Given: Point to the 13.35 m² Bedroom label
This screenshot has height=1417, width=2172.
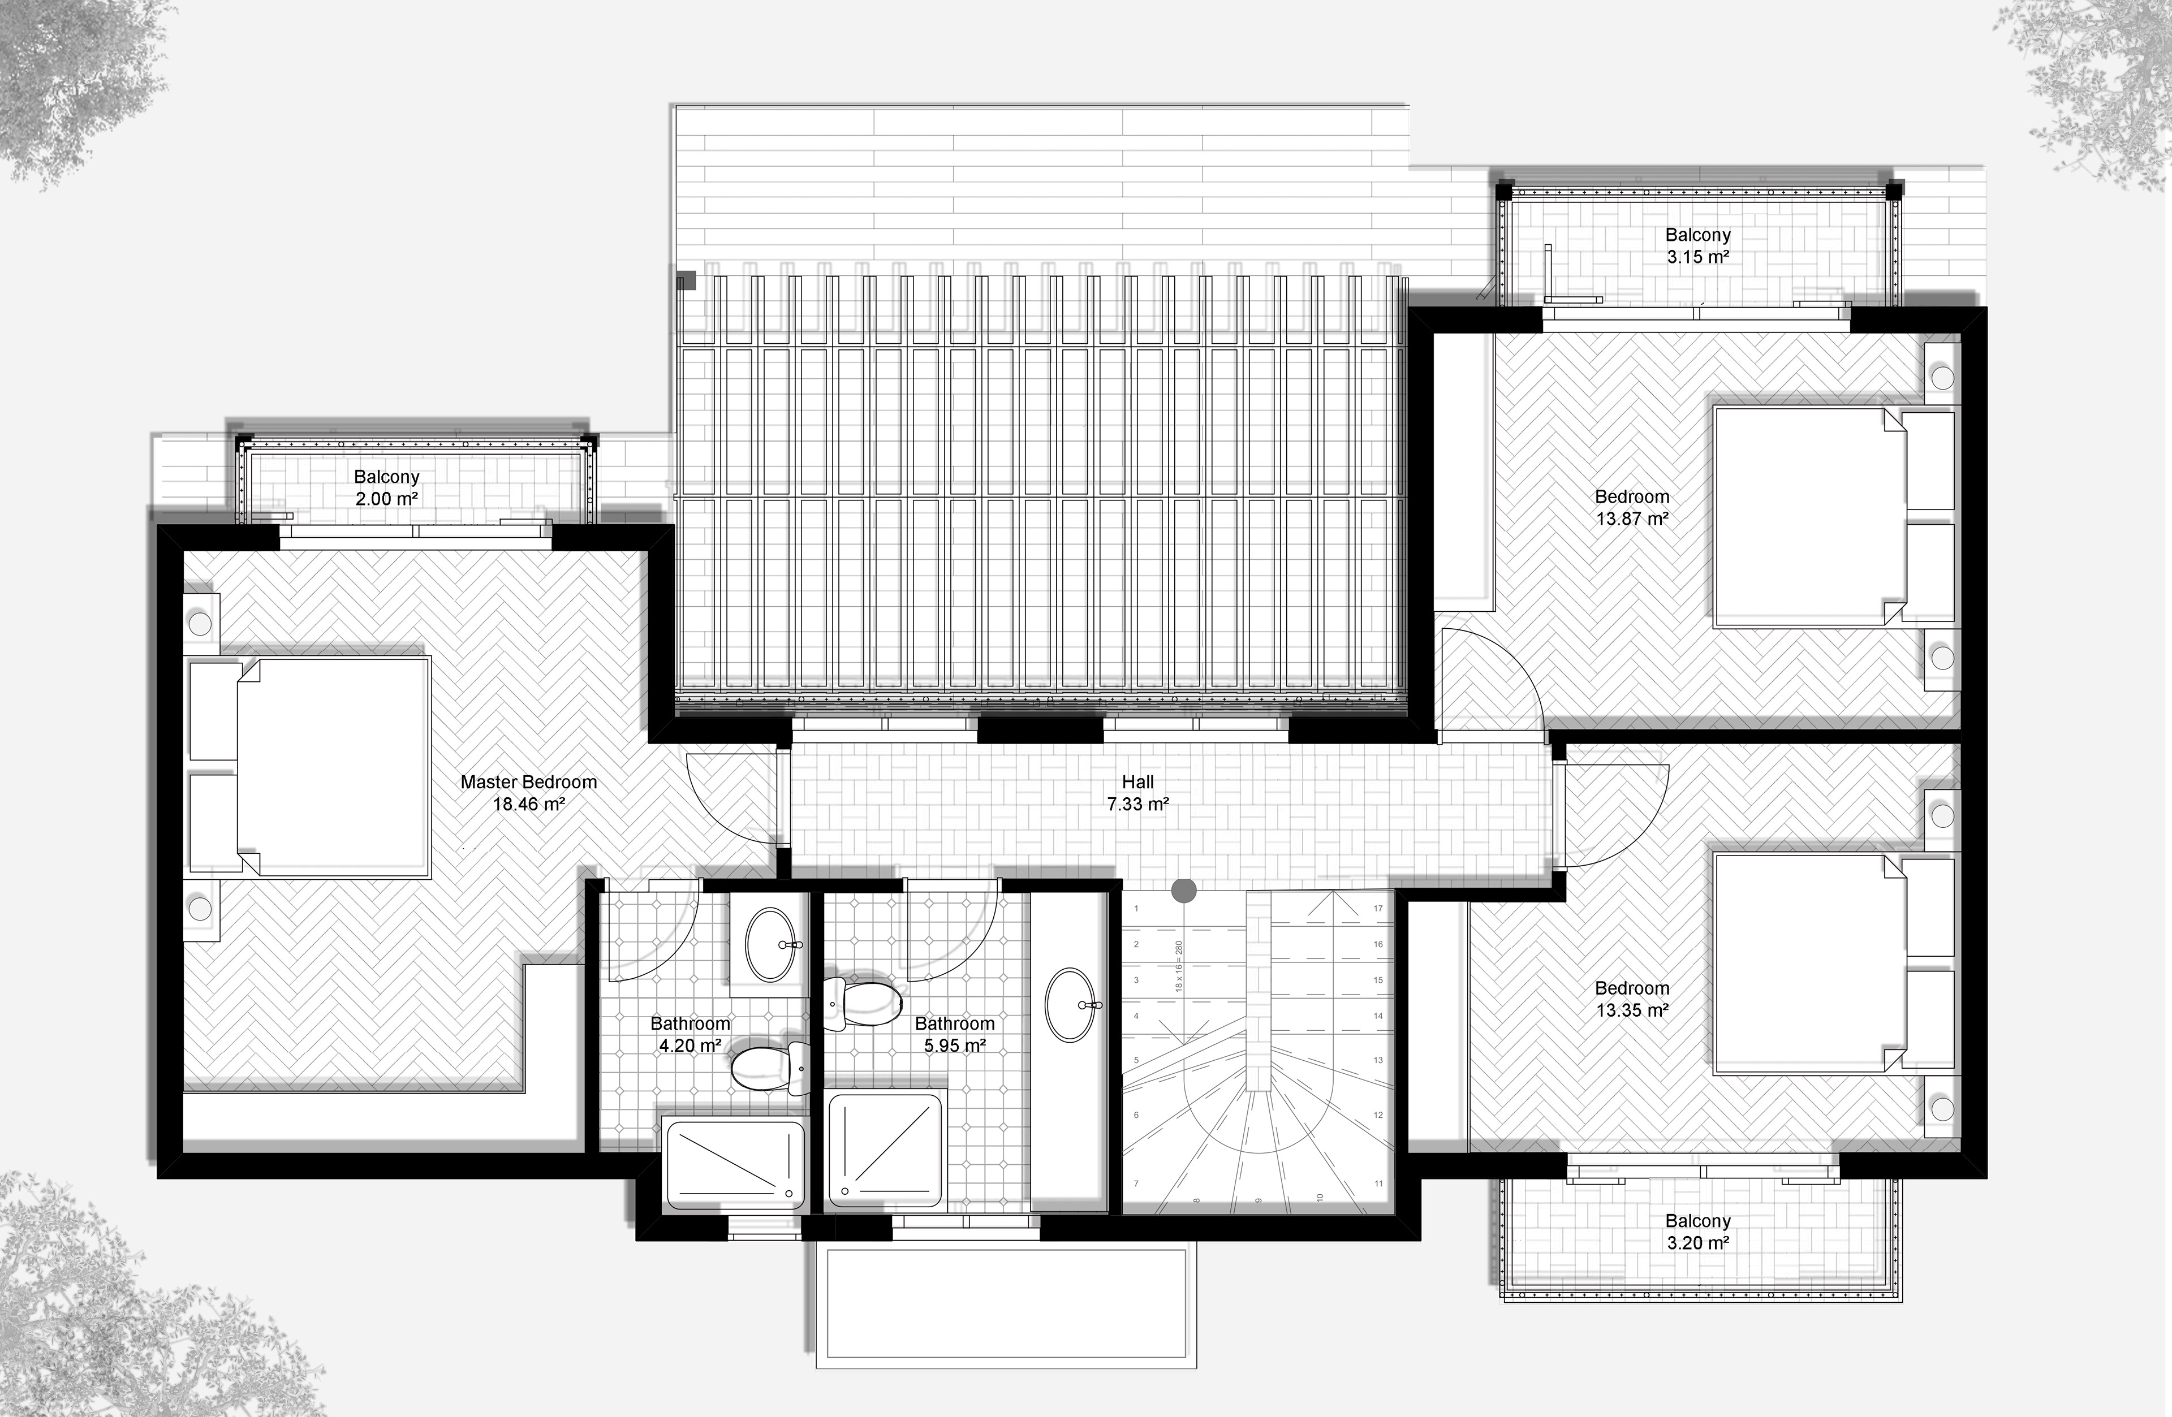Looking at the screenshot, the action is (x=1632, y=999).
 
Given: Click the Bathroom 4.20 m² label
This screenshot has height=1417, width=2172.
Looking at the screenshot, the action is (x=690, y=1035).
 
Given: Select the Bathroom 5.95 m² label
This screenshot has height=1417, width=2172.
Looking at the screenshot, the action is (x=955, y=1035).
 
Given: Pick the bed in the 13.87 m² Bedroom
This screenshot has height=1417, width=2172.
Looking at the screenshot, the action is (x=1834, y=516).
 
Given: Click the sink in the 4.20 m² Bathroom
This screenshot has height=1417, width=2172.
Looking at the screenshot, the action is (x=771, y=944).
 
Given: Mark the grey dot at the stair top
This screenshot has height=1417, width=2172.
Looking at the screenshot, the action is (x=1184, y=891).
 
